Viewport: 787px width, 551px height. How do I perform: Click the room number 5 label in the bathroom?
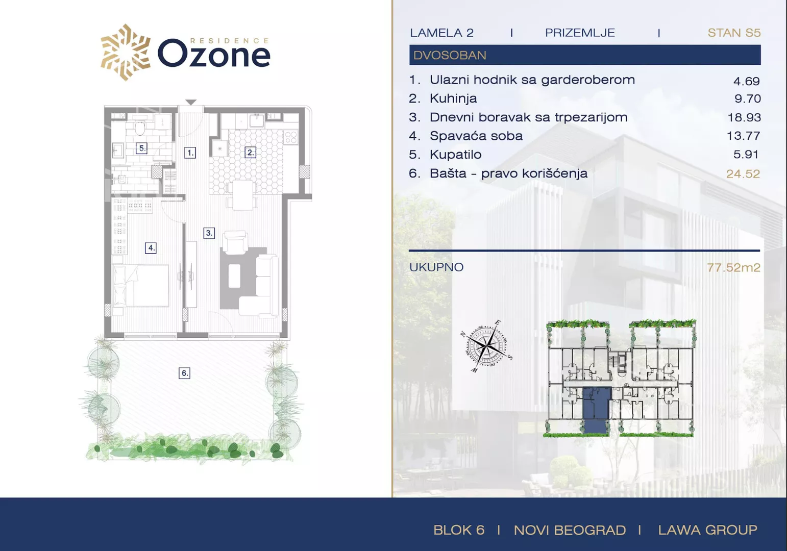pyautogui.click(x=141, y=148)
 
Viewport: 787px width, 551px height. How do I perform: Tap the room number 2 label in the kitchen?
pyautogui.click(x=250, y=153)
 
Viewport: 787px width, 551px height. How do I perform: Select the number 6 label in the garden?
pyautogui.click(x=184, y=373)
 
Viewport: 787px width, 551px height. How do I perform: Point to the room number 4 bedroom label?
pyautogui.click(x=151, y=248)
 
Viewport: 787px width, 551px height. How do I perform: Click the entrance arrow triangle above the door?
pyautogui.click(x=191, y=102)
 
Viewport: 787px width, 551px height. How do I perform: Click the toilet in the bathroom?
pyautogui.click(x=140, y=128)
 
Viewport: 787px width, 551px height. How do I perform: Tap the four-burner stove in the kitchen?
pyautogui.click(x=291, y=137)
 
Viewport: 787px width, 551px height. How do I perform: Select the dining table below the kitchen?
pyautogui.click(x=242, y=195)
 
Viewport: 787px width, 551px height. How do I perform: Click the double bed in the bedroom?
pyautogui.click(x=140, y=286)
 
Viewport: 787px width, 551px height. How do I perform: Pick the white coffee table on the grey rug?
pyautogui.click(x=234, y=275)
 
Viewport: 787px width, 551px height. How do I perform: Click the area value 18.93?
pyautogui.click(x=744, y=117)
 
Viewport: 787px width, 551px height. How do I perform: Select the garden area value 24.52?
pyautogui.click(x=743, y=174)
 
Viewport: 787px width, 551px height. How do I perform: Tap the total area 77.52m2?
pyautogui.click(x=733, y=268)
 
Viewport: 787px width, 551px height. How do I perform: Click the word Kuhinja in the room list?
pyautogui.click(x=453, y=98)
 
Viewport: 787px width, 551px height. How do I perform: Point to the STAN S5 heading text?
pyautogui.click(x=734, y=33)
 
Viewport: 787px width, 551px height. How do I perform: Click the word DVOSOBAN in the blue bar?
pyautogui.click(x=450, y=55)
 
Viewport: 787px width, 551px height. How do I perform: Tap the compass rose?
pyautogui.click(x=486, y=346)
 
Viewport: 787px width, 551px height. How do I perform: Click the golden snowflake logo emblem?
pyautogui.click(x=126, y=53)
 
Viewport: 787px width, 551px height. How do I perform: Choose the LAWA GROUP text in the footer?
pyautogui.click(x=707, y=530)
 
